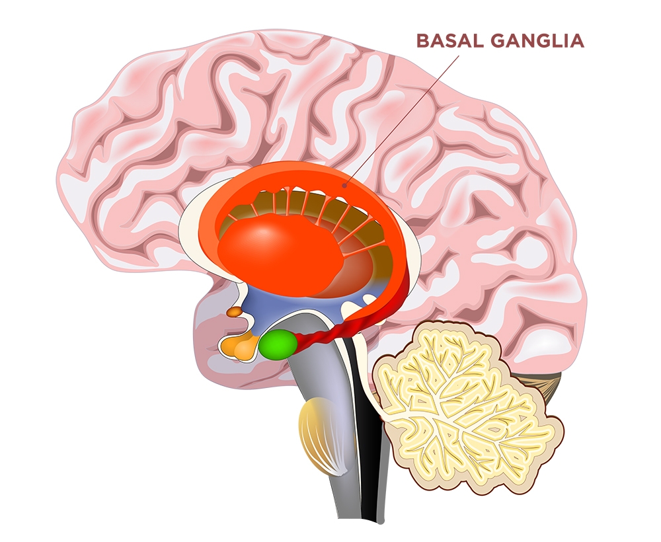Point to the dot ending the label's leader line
(343, 186)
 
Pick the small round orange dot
(233, 311)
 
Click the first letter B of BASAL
(420, 41)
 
